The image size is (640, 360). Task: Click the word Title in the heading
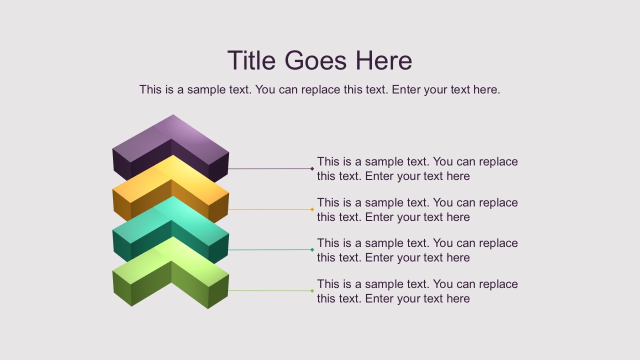pos(251,60)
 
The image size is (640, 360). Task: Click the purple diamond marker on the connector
pos(312,169)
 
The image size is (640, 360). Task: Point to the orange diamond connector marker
pos(312,209)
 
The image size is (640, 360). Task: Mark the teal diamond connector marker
pos(312,249)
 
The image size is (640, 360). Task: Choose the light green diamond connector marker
pos(312,290)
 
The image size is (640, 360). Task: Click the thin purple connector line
pos(270,169)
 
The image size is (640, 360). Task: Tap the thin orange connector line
pos(270,209)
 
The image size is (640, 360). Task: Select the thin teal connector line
pos(270,249)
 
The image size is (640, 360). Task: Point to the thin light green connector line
pos(270,290)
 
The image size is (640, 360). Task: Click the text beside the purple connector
pos(417,168)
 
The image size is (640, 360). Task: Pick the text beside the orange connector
pos(417,209)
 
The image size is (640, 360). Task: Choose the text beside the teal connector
pos(417,250)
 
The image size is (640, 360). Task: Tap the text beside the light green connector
pos(417,291)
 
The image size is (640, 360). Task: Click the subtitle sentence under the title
pos(319,89)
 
